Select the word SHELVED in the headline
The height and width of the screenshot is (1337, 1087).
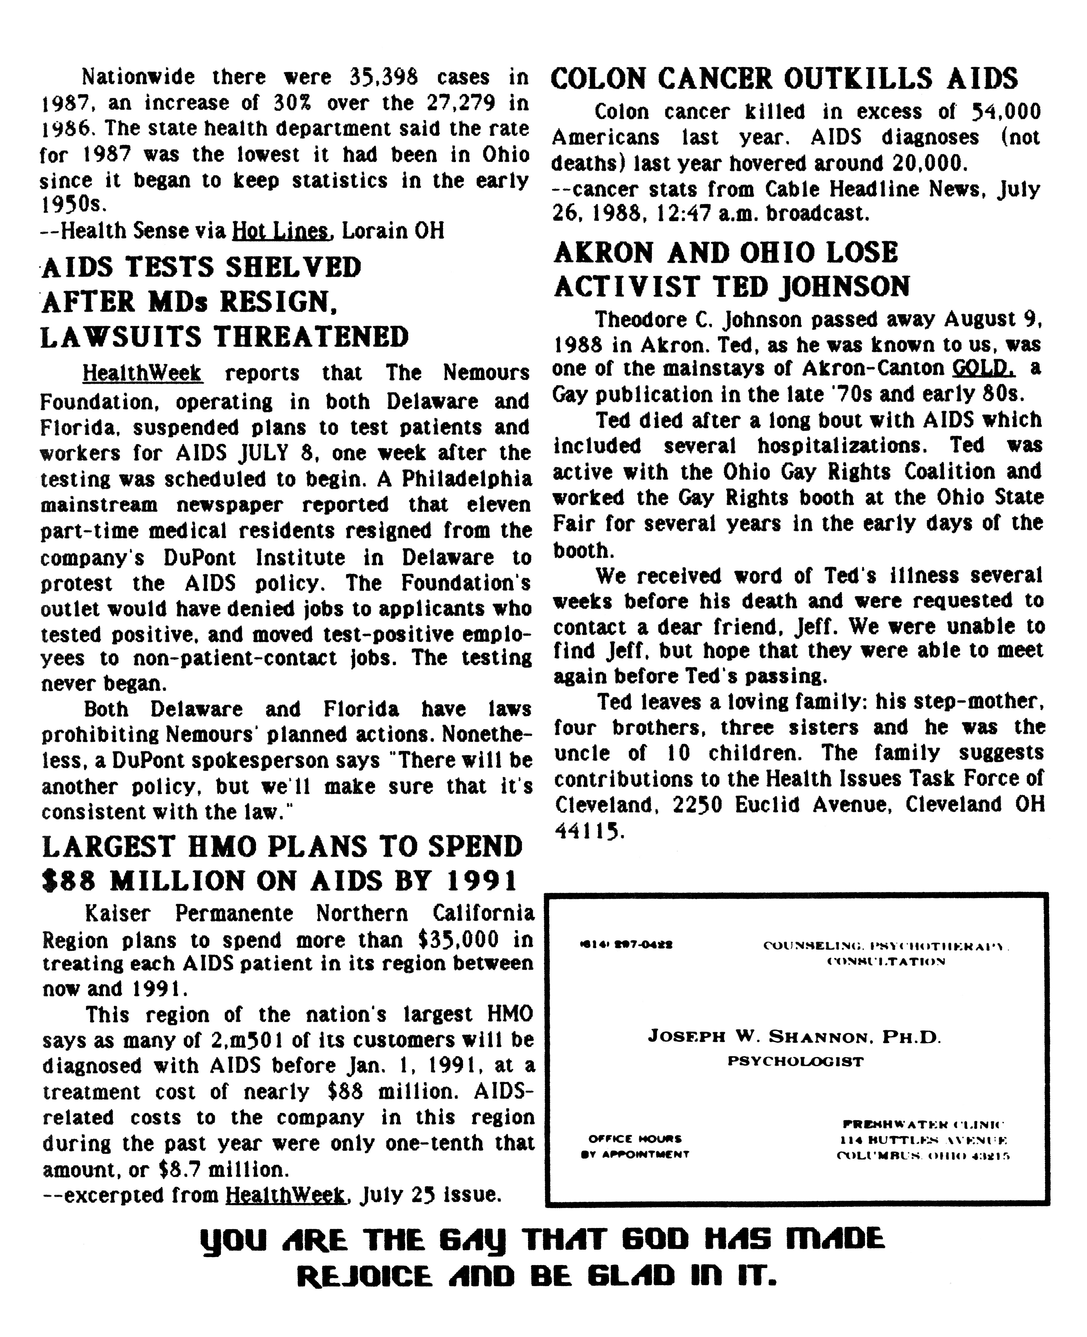pyautogui.click(x=294, y=267)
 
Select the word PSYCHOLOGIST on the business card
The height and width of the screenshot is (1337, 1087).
pyautogui.click(x=795, y=1062)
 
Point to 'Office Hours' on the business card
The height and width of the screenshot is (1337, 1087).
pyautogui.click(x=635, y=1138)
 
